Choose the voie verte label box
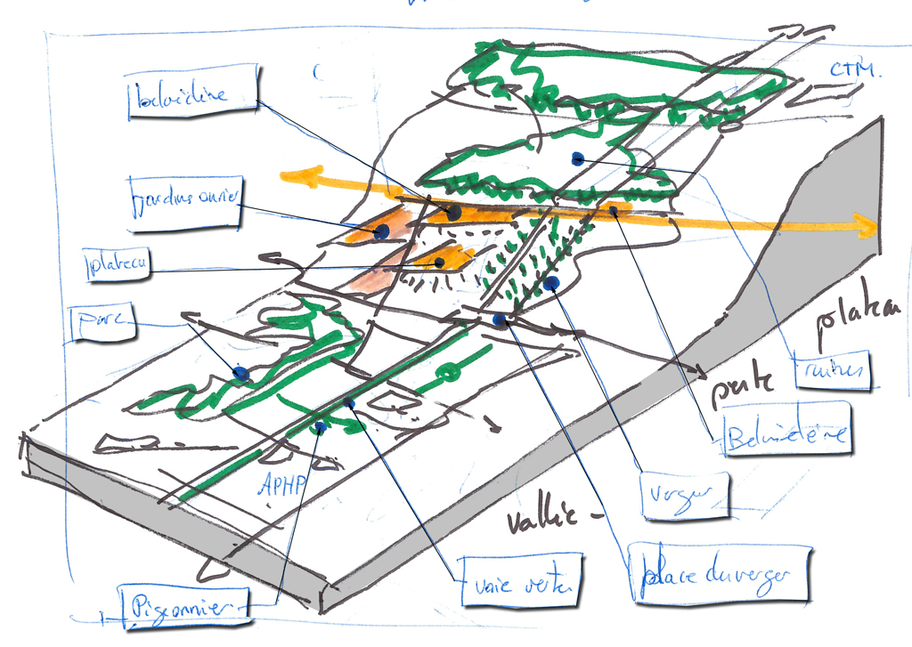click(x=520, y=582)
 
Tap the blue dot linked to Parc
click(x=240, y=373)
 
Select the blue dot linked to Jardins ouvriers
click(x=382, y=231)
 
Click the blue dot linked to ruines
click(x=577, y=158)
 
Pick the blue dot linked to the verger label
click(x=550, y=284)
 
